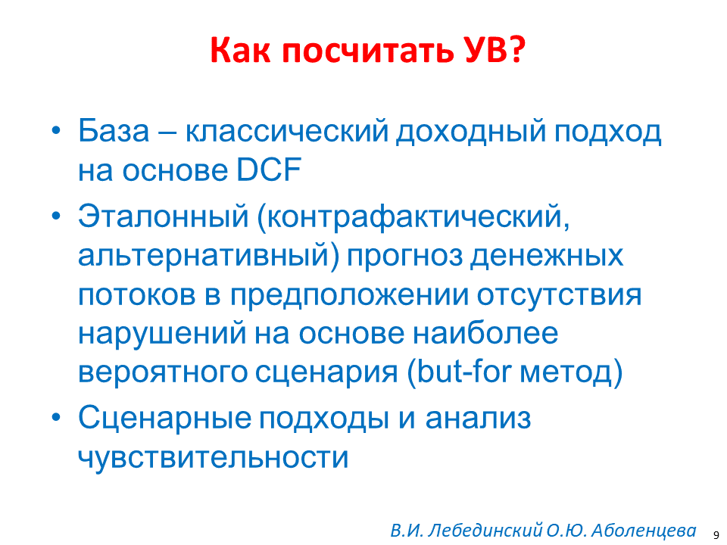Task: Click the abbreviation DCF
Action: pos(269,170)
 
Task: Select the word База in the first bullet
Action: pos(114,131)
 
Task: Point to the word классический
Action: pos(286,132)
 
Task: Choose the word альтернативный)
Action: pos(209,257)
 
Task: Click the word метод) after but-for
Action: pos(571,372)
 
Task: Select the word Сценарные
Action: pos(164,418)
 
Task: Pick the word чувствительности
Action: pos(214,458)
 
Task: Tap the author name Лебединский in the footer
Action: pos(485,531)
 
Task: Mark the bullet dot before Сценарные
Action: pos(56,418)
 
